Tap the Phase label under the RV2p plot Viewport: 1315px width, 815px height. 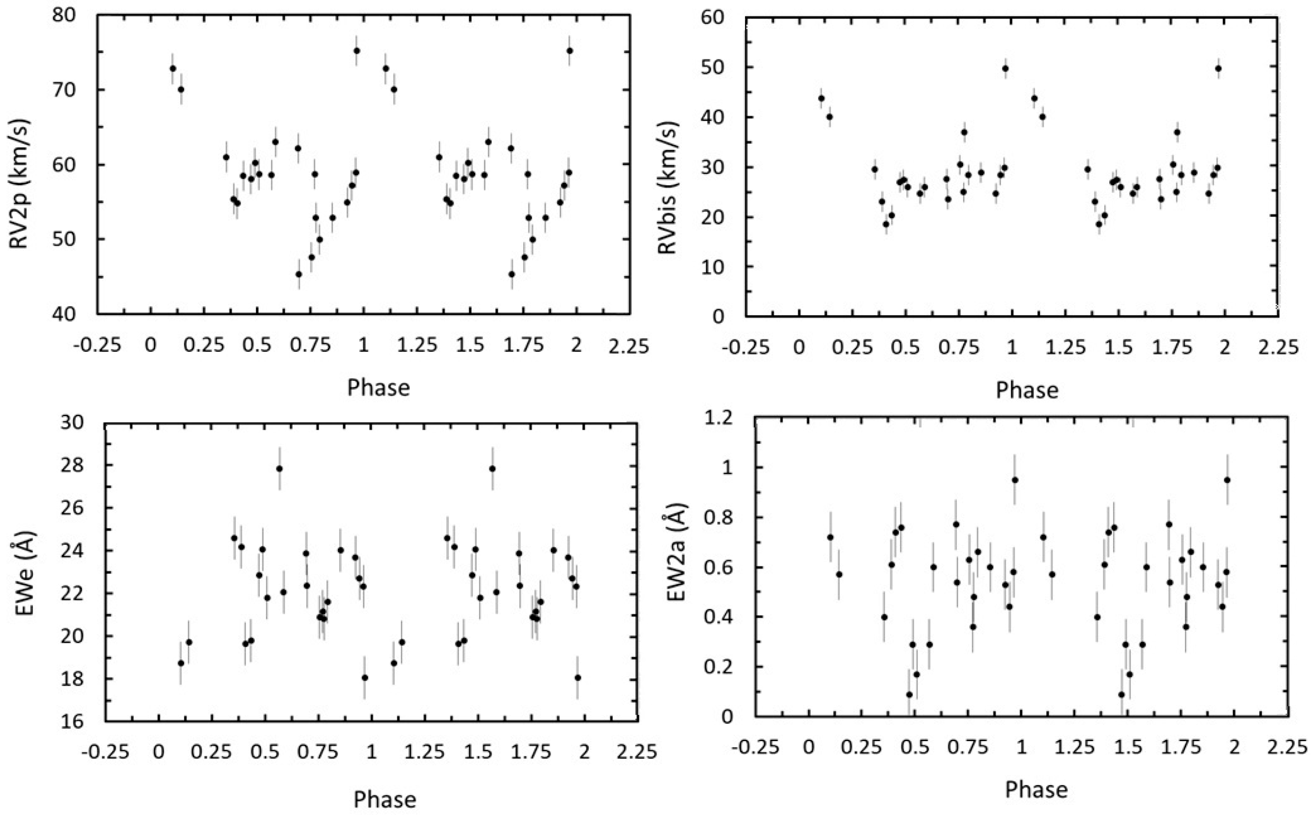pos(378,387)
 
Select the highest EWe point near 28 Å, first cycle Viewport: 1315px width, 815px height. pos(279,468)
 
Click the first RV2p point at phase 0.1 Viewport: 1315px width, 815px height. pos(173,68)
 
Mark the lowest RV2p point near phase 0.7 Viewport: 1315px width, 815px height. pos(299,274)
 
